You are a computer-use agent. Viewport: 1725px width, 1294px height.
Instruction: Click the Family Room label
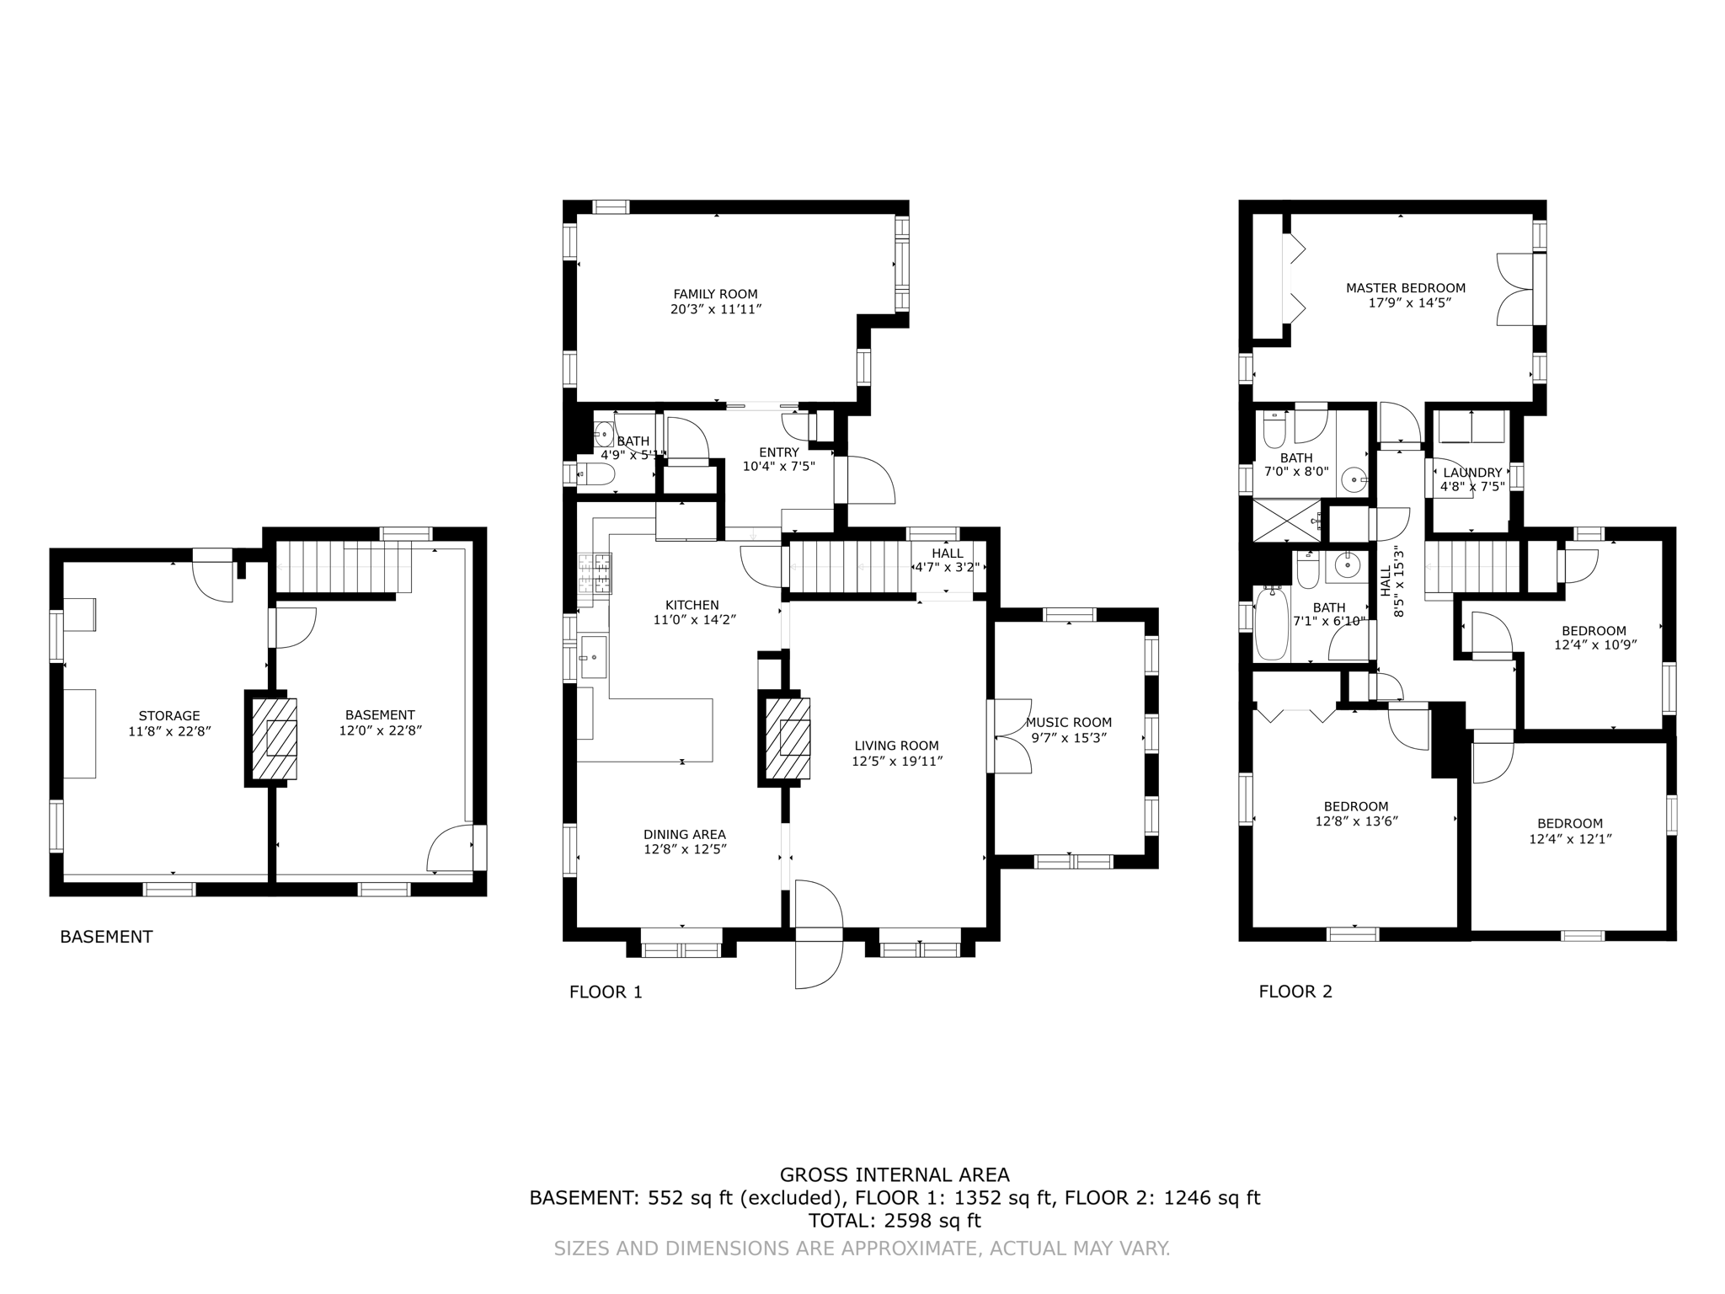(715, 294)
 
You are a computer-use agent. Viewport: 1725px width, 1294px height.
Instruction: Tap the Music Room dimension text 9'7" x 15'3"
(1068, 738)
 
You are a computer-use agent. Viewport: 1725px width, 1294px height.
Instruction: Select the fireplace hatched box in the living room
(788, 739)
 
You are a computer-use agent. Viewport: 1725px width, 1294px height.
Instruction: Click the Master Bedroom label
(1406, 288)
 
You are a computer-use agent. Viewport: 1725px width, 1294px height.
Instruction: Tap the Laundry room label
(1472, 473)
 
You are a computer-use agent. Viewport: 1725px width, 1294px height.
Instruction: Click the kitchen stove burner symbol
(594, 575)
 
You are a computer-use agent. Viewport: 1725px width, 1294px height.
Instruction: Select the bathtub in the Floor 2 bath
(1272, 624)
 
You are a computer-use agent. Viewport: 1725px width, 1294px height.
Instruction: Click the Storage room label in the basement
(169, 716)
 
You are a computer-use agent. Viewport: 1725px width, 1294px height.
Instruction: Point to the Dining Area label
(685, 835)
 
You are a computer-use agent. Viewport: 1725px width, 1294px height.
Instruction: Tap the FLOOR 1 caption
(606, 992)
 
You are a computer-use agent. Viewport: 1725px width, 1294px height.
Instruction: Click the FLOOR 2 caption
(1295, 992)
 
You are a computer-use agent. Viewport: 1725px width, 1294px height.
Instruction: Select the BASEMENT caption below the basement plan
(106, 937)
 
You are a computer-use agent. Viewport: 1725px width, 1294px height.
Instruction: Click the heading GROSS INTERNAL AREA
(895, 1174)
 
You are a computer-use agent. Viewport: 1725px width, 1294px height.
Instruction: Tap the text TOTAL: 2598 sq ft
(895, 1221)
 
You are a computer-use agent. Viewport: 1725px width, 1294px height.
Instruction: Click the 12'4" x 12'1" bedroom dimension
(1570, 839)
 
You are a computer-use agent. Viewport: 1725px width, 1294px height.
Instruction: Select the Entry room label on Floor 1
(778, 452)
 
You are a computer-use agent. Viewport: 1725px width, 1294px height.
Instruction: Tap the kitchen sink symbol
(593, 657)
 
